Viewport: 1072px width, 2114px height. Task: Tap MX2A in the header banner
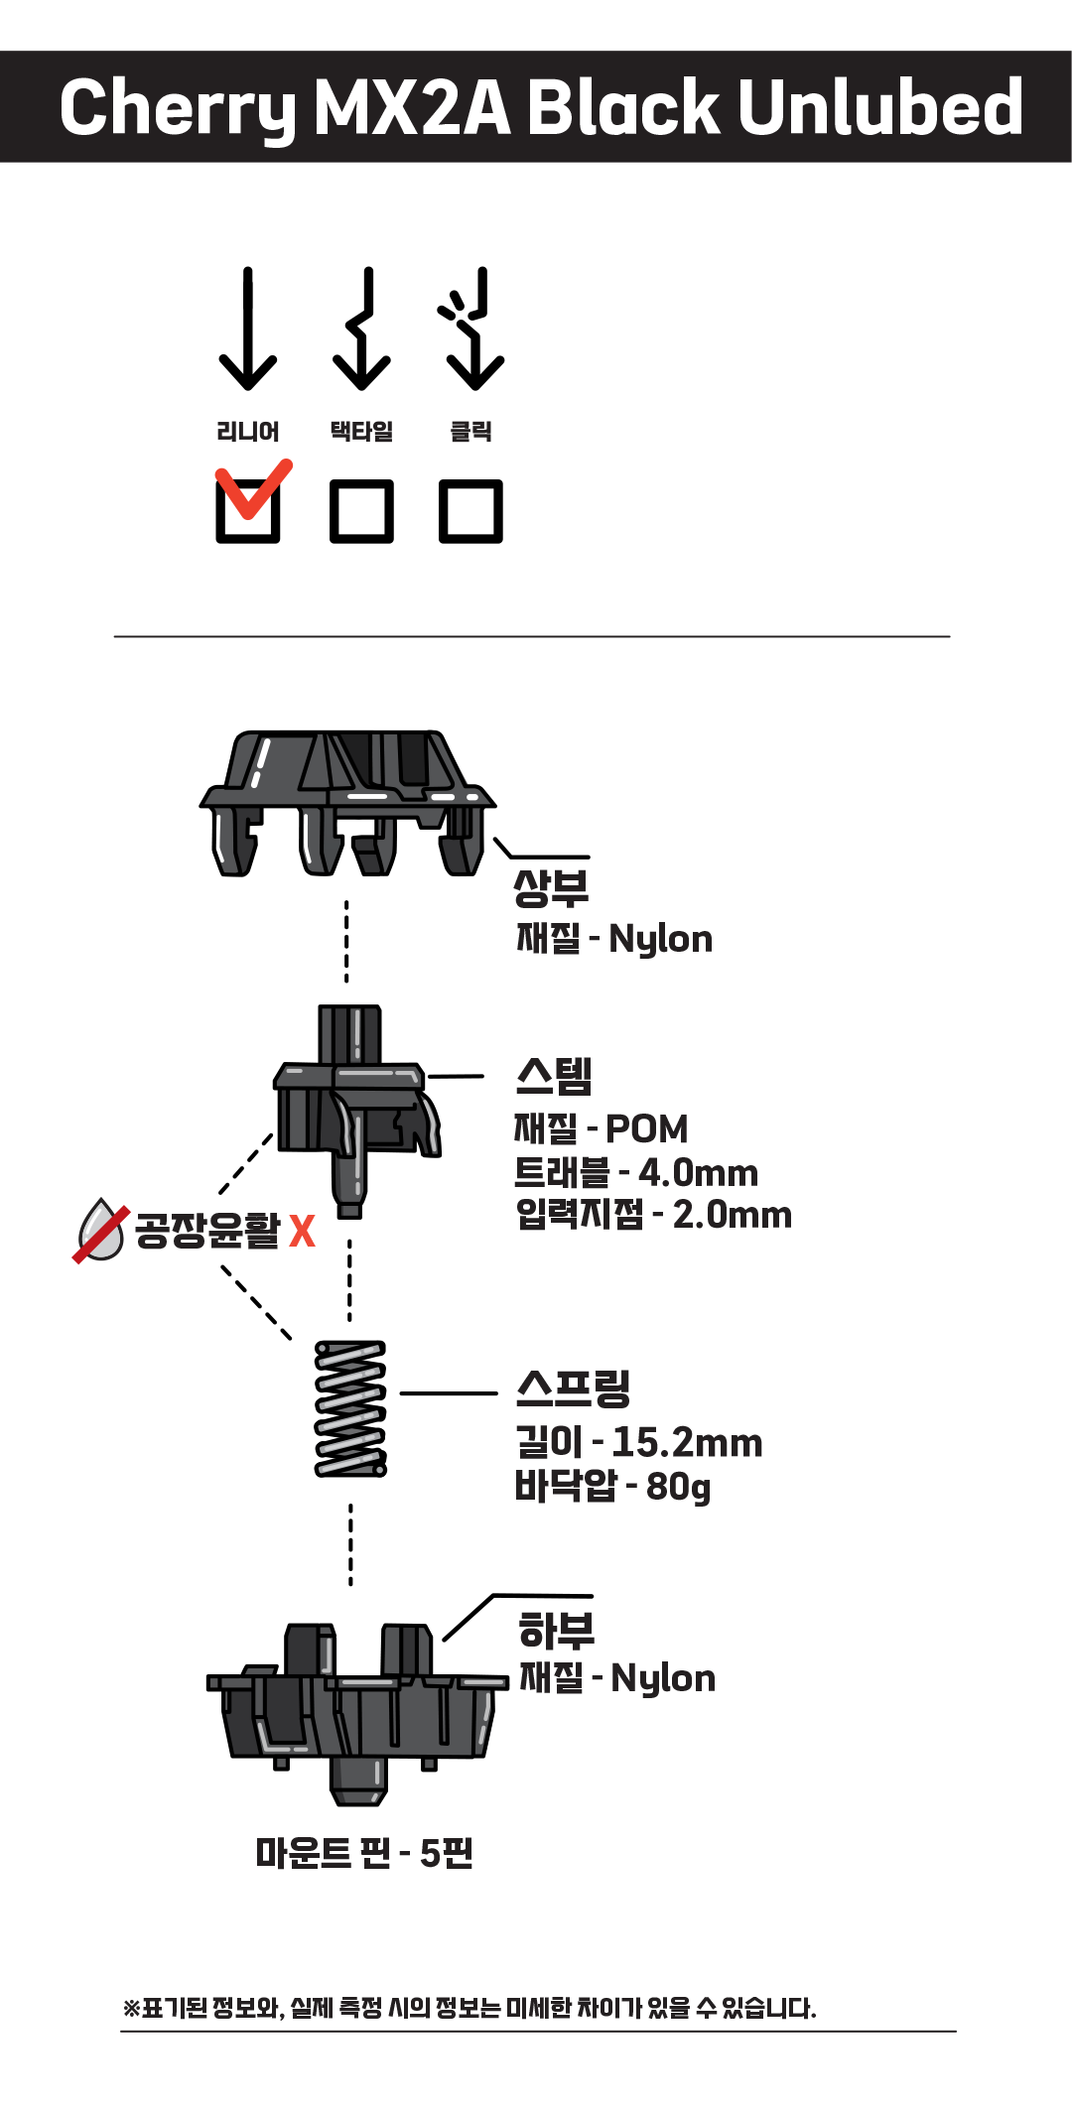413,107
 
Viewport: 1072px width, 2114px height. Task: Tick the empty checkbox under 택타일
361,511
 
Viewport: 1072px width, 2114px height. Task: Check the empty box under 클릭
470,511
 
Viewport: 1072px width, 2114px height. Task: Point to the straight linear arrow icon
247,330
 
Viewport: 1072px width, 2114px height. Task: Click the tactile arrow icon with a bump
362,330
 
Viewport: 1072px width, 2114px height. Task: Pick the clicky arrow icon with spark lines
472,330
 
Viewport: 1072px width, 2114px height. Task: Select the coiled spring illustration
350,1408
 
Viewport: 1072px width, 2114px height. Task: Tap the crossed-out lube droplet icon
100,1231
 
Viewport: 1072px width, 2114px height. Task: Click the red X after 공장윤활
302,1232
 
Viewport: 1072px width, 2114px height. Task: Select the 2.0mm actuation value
733,1215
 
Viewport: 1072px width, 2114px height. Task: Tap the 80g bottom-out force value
679,1487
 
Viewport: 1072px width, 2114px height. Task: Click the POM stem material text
646,1129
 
